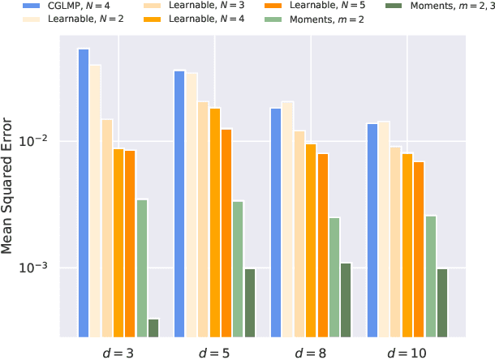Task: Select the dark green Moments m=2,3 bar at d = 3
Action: point(153,327)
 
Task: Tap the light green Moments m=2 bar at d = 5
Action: point(238,268)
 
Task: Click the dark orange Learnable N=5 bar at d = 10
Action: point(419,248)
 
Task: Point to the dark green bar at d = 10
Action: point(442,302)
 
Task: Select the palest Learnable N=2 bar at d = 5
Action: point(192,204)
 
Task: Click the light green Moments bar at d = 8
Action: point(334,276)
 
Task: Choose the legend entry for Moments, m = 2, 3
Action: point(445,6)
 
